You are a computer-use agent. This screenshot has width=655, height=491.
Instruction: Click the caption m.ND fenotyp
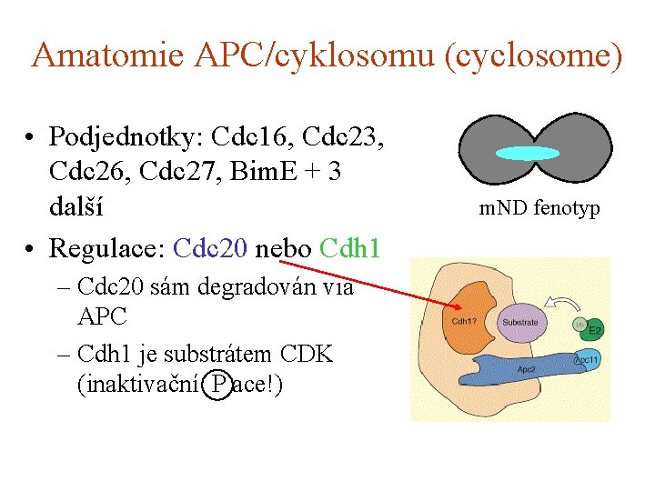click(x=539, y=209)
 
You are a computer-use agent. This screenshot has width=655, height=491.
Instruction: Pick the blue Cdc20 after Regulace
click(x=210, y=248)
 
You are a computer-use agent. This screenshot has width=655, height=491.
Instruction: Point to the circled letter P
click(x=217, y=386)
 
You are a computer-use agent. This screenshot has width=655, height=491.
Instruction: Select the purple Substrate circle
click(x=519, y=322)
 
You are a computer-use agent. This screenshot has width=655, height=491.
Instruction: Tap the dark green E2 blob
click(x=592, y=331)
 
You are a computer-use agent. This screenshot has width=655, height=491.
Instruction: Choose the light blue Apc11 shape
click(x=587, y=361)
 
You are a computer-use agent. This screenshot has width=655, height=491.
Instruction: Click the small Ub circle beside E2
click(x=579, y=324)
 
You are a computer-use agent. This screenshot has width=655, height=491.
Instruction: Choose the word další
click(x=76, y=207)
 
